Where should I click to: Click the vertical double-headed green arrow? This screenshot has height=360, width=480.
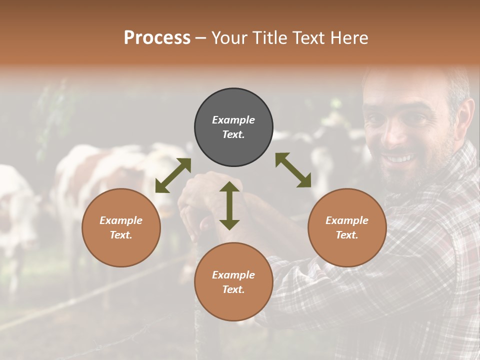229,205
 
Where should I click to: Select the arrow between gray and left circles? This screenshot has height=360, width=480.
173,175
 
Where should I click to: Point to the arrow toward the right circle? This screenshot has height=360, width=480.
293,170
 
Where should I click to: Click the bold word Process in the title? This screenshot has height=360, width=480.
157,37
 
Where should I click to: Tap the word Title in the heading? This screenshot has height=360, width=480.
271,37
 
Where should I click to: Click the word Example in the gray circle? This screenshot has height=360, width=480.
233,120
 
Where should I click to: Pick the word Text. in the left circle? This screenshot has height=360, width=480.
121,235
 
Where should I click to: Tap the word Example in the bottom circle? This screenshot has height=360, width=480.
233,275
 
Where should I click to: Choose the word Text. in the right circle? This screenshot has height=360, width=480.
347,235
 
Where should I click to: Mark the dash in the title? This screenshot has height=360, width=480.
201,38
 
